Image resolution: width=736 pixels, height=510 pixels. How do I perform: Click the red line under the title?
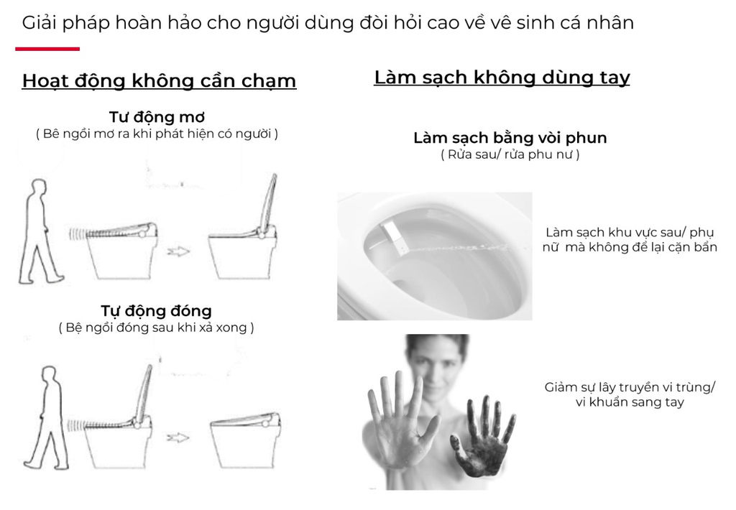point(47,49)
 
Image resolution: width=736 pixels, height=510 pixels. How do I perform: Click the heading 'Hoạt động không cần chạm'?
point(159,80)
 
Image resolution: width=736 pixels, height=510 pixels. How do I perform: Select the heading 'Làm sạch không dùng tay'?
point(502,78)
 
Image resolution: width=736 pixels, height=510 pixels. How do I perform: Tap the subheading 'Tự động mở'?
point(157,117)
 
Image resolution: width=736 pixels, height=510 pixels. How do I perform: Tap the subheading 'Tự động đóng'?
point(156,310)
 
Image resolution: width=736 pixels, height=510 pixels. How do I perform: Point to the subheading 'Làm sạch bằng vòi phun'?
point(510,138)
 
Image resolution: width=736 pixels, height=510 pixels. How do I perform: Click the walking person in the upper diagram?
point(40,232)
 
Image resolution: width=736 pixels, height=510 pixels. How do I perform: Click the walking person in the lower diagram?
point(45,417)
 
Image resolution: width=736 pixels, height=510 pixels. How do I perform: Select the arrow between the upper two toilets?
point(178,251)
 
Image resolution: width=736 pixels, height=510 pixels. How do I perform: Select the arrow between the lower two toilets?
point(178,437)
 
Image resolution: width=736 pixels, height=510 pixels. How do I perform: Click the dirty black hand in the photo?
point(482,439)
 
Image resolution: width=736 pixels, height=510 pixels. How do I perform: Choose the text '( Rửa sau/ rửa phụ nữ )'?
point(510,154)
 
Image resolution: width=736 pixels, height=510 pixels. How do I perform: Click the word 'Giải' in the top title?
point(40,22)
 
